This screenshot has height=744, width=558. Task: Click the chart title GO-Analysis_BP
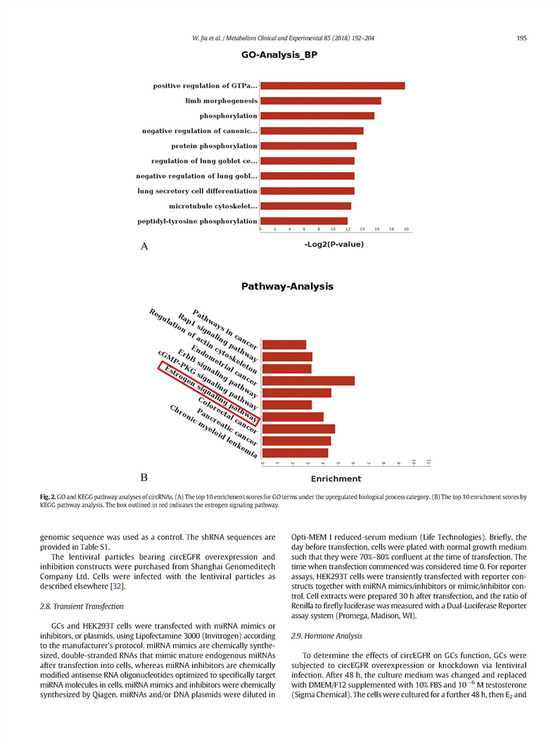(279, 55)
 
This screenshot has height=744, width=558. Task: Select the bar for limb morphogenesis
(320, 101)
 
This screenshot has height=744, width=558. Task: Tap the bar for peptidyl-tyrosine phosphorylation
(303, 222)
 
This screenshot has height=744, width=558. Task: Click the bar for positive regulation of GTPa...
(332, 86)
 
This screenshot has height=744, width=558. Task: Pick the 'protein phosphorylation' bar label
(214, 146)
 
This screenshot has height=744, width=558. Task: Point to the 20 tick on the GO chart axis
(407, 230)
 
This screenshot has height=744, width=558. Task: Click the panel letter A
(145, 246)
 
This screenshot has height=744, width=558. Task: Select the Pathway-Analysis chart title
(287, 286)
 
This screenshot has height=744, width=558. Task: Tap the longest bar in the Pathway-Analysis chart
(308, 380)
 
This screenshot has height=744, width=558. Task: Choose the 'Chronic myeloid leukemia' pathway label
(211, 432)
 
